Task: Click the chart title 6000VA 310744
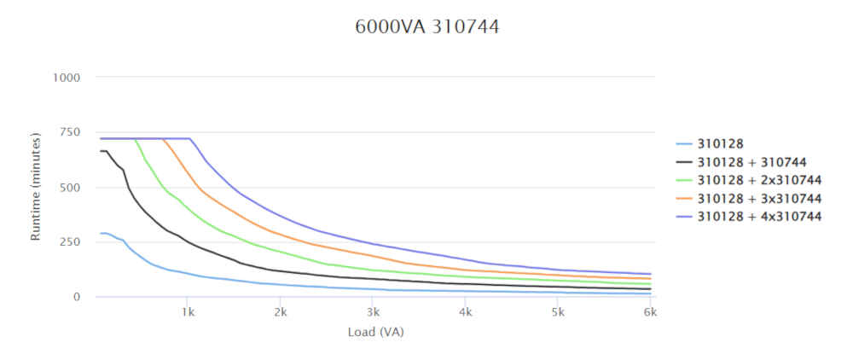pos(426,27)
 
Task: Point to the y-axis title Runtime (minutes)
pos(36,186)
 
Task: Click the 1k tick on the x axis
pos(188,313)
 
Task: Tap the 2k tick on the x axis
pos(280,313)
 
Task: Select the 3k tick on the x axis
pos(373,313)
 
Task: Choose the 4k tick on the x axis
pos(465,313)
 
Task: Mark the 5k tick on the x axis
pos(557,313)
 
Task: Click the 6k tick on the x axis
pos(649,313)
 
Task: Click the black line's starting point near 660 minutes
pos(101,152)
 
